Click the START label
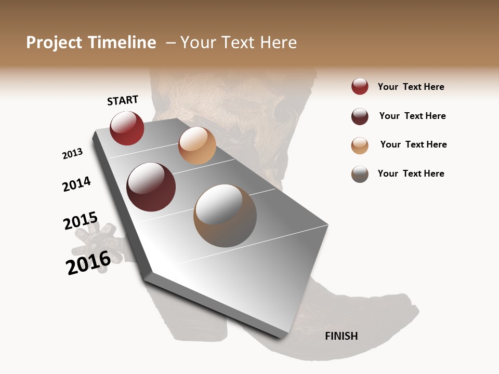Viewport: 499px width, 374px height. tap(123, 100)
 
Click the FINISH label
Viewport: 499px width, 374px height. tap(341, 336)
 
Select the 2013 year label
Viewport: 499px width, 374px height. tap(72, 154)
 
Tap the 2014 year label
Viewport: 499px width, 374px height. tap(76, 184)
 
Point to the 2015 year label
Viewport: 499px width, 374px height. tap(80, 221)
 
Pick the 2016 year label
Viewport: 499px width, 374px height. tap(88, 262)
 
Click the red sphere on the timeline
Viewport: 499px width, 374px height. tap(127, 128)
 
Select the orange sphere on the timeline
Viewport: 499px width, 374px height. tap(197, 145)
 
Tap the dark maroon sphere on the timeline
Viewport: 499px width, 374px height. tap(151, 187)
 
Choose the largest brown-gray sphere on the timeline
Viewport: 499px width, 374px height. tap(225, 216)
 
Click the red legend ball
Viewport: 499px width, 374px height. tap(360, 87)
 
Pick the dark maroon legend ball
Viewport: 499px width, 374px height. tap(360, 116)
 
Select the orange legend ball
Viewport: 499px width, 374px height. tap(360, 145)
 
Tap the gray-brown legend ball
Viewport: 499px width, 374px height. tap(360, 174)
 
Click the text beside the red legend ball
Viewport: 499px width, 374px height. tap(411, 87)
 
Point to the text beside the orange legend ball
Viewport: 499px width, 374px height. tap(413, 144)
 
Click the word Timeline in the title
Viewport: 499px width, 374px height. tap(122, 43)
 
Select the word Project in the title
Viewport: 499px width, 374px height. tap(55, 43)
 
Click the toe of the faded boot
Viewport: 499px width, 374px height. tap(400, 317)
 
